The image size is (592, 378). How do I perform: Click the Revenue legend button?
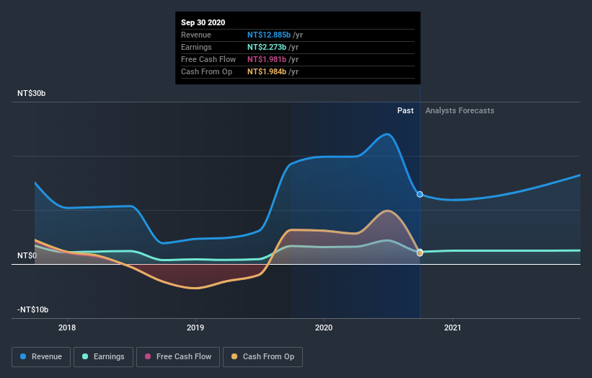42,356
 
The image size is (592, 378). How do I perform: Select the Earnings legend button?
104,356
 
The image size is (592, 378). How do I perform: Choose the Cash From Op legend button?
263,356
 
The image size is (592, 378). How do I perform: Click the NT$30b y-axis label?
32,94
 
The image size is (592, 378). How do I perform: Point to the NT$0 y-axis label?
27,256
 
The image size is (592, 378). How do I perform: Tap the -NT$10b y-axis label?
34,310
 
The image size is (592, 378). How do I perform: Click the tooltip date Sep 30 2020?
203,22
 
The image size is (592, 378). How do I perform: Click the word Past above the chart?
405,110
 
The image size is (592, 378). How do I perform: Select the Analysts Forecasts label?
460,110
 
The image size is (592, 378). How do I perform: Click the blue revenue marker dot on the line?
420,194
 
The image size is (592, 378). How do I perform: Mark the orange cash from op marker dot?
420,252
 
